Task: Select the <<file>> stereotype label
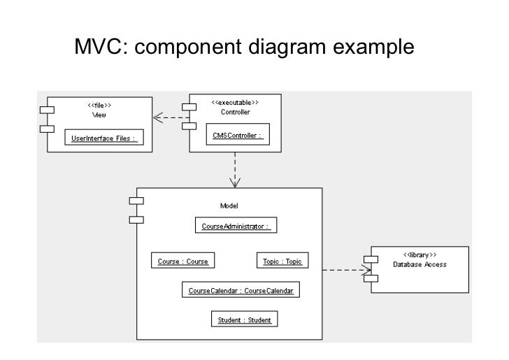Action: pyautogui.click(x=99, y=106)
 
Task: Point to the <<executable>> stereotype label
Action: pyautogui.click(x=235, y=102)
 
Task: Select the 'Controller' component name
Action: pyautogui.click(x=235, y=111)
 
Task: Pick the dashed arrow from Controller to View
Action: pyautogui.click(x=171, y=118)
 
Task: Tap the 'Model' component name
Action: pyautogui.click(x=229, y=205)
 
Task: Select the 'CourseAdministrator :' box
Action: pyautogui.click(x=235, y=226)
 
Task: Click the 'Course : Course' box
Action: pyautogui.click(x=182, y=261)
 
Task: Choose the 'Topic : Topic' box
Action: pyautogui.click(x=280, y=261)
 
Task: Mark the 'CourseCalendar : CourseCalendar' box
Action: pyautogui.click(x=241, y=290)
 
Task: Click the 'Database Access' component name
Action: pyautogui.click(x=420, y=264)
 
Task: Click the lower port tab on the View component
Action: pyautogui.click(x=46, y=129)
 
